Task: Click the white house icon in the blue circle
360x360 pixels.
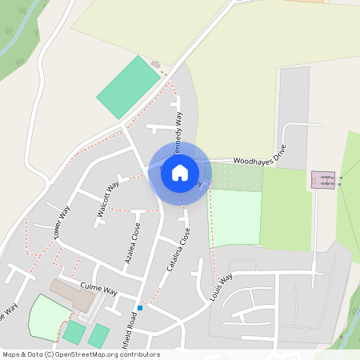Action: coord(180,172)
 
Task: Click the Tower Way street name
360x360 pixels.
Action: coord(62,222)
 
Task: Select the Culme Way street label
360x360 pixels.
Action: coord(98,288)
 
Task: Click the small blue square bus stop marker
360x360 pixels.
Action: coord(140,307)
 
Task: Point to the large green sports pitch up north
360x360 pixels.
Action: coord(129,87)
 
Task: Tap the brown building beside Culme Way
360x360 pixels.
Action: coord(73,294)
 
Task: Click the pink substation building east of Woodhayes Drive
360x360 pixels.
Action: coord(323,180)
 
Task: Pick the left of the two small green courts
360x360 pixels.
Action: coord(74,332)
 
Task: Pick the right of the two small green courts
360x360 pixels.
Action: coord(99,335)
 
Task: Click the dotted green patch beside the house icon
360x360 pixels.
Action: coord(235,178)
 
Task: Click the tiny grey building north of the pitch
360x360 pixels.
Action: coord(155,63)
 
